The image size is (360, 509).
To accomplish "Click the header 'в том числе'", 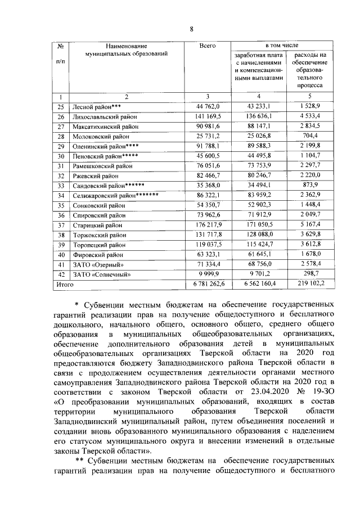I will click(x=281, y=44).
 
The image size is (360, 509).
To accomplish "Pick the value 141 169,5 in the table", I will click(x=208, y=116).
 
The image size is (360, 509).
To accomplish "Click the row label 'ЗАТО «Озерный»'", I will click(x=97, y=264).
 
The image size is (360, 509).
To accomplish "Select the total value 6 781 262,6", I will click(x=208, y=285).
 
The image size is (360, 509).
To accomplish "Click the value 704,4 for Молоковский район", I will click(x=307, y=136).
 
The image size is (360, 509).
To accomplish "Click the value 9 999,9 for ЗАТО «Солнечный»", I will click(x=208, y=274).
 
